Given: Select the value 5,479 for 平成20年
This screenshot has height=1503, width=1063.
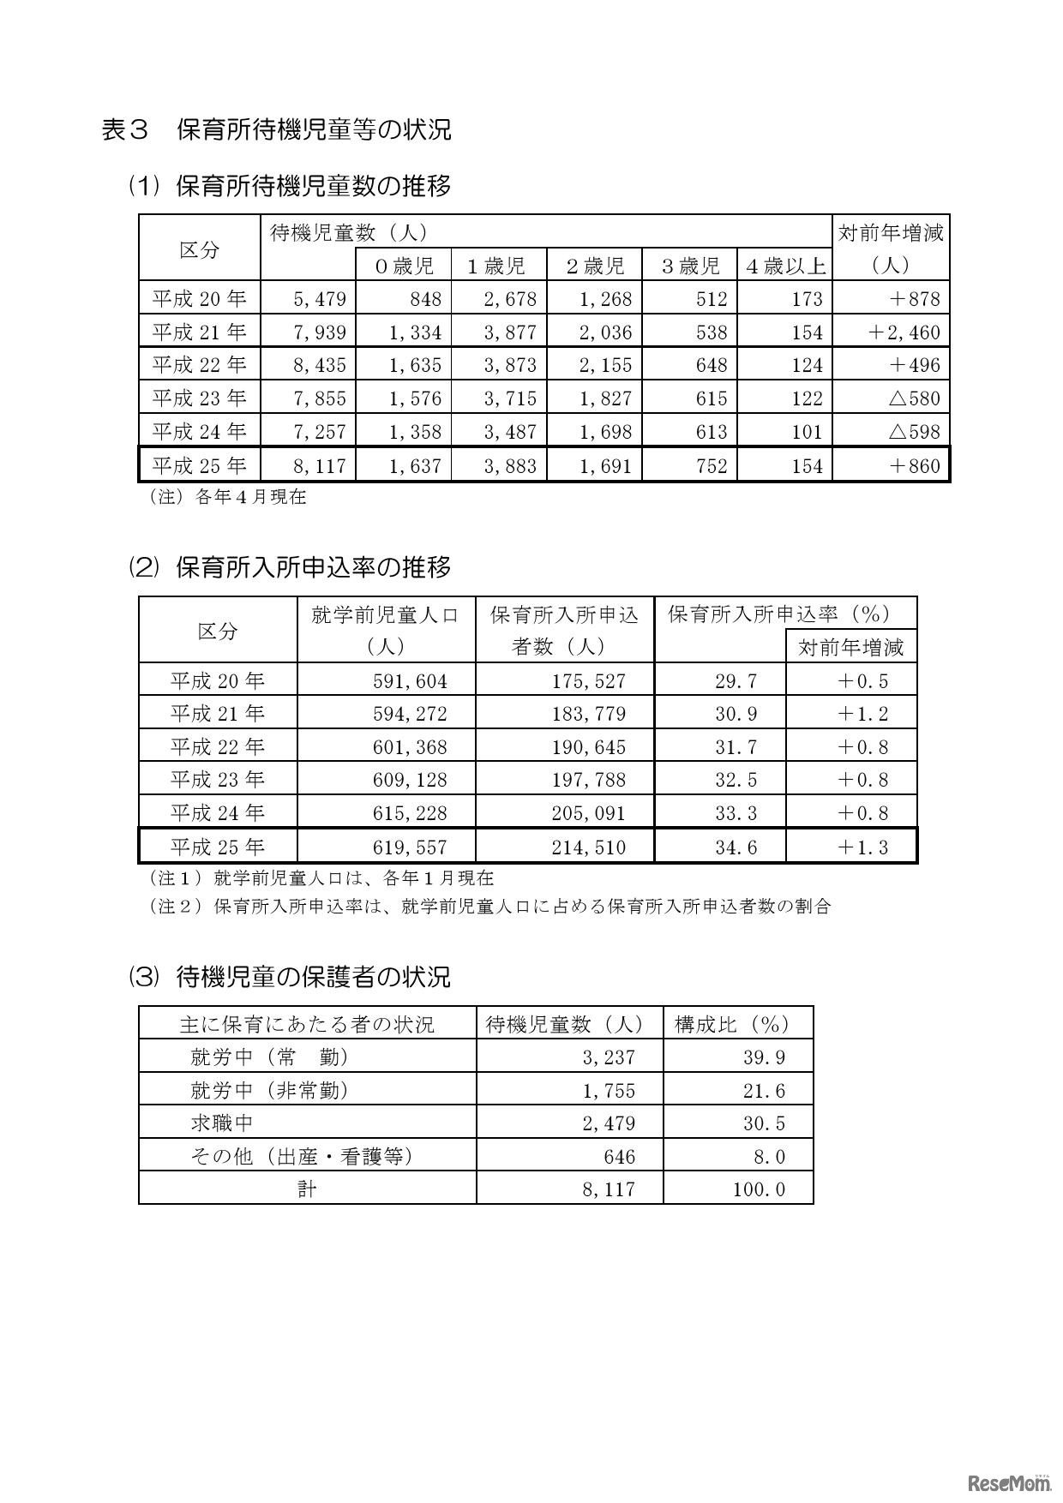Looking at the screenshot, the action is click(319, 299).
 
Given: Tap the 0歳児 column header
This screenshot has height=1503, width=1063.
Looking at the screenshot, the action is click(404, 266).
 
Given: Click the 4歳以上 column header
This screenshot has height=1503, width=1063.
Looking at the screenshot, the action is click(785, 266).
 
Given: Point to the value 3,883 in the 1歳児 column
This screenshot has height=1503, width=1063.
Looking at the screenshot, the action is click(510, 466).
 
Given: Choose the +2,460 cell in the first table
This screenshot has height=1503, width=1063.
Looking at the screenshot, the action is click(904, 332).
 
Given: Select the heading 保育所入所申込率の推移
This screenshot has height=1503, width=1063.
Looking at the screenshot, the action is click(313, 567).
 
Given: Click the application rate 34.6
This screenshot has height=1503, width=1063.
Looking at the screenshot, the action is click(736, 847).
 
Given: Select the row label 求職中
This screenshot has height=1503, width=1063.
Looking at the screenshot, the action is click(222, 1123).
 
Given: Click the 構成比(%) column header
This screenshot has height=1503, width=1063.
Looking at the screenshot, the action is click(731, 1024).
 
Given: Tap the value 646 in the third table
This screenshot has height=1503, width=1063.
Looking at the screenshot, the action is click(619, 1157).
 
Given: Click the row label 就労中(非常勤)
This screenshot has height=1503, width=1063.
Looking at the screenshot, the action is click(269, 1090).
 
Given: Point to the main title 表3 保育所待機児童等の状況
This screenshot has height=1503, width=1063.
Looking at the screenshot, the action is click(276, 129).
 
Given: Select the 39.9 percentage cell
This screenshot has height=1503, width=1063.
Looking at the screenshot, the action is click(764, 1057).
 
